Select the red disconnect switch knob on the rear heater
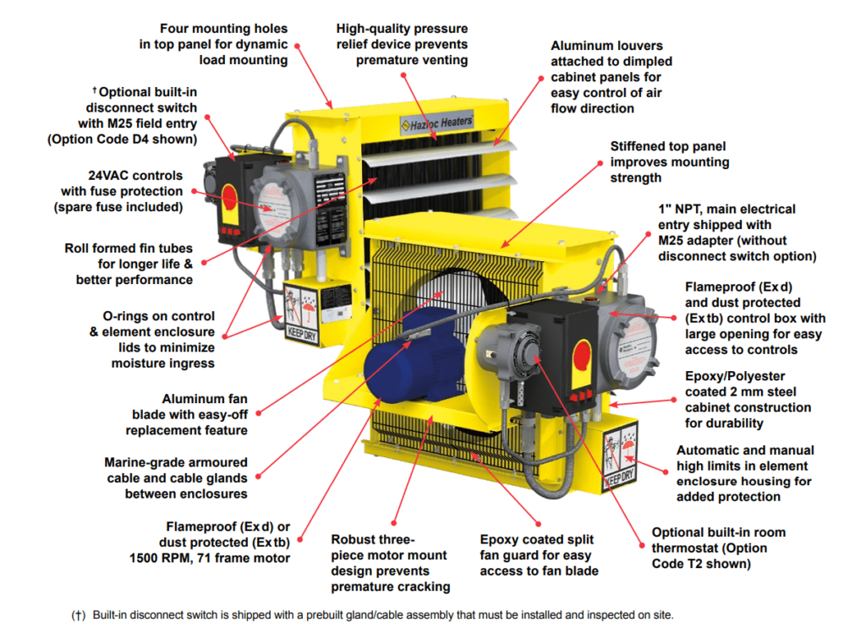pos(229,197)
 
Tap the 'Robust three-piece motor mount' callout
pos(390,562)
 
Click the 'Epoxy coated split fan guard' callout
pos(536,555)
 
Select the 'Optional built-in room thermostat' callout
pos(718,548)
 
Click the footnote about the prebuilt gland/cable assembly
pos(372,615)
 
